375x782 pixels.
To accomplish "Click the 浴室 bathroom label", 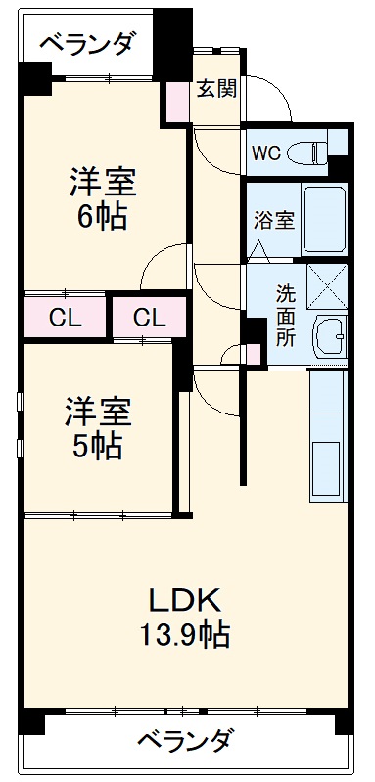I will [274, 219].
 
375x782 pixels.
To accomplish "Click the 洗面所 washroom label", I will [284, 315].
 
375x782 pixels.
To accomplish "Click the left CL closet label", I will [65, 318].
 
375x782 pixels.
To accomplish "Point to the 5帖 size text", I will [94, 446].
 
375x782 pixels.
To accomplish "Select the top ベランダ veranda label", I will [88, 45].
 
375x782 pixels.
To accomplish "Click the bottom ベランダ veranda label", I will [184, 740].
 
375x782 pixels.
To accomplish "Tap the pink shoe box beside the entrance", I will [178, 101].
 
